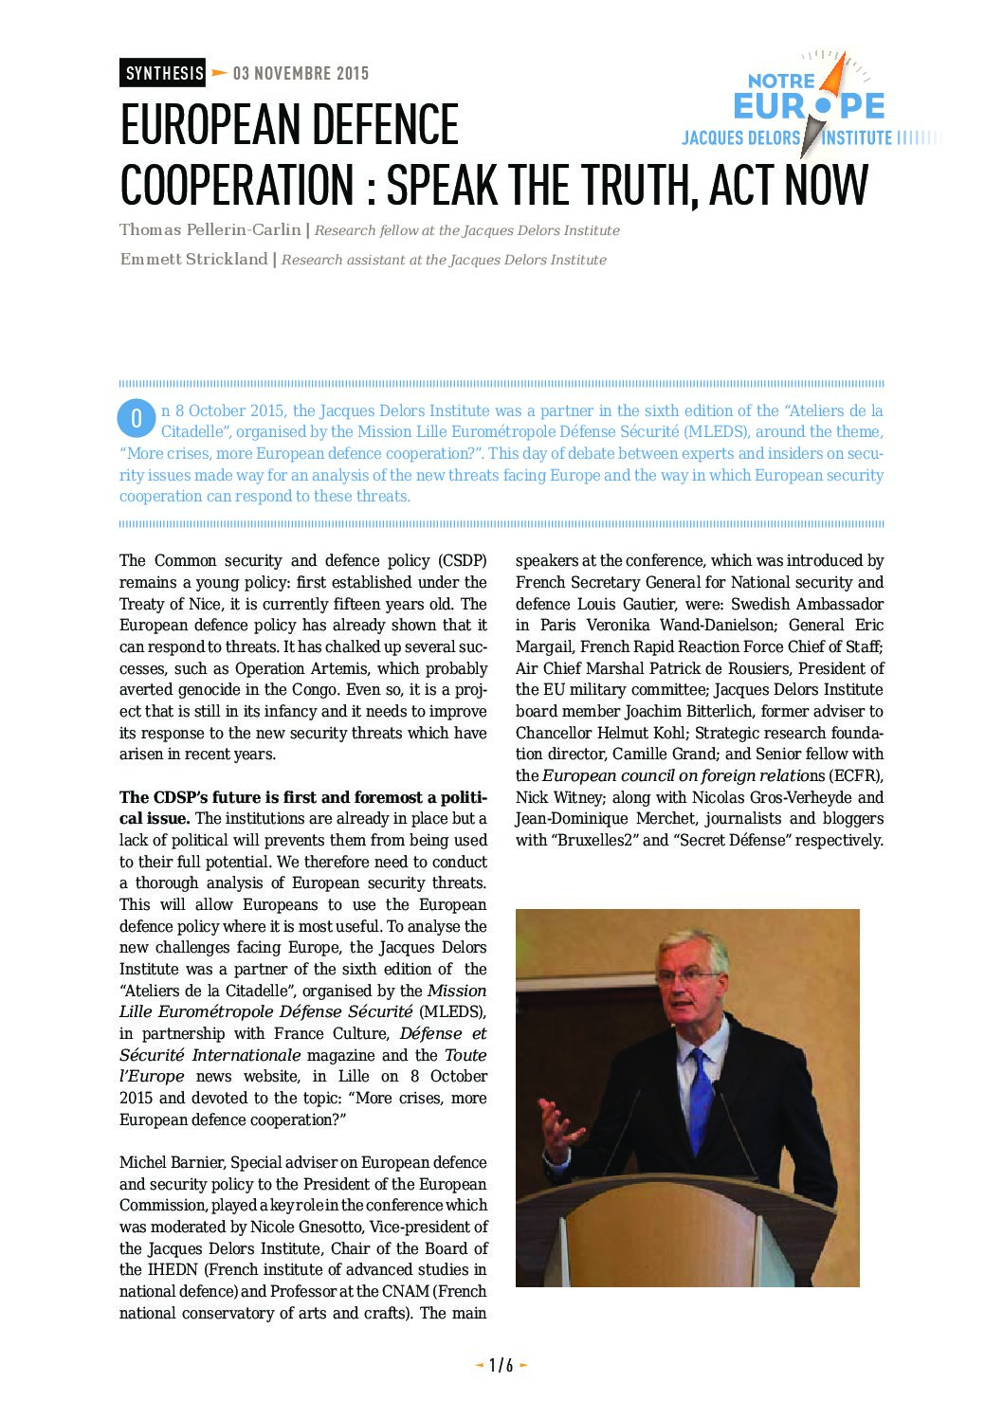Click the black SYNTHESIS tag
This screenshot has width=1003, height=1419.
[163, 73]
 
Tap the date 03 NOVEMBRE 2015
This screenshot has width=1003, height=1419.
[301, 73]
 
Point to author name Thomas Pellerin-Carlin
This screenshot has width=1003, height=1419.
[210, 229]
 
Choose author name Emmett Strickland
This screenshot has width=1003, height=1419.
[193, 259]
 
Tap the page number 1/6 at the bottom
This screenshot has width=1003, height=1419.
[501, 1365]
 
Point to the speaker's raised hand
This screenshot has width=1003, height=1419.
[561, 1128]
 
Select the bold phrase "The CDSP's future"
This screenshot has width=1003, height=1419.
[186, 797]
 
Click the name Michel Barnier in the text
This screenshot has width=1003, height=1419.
[171, 1162]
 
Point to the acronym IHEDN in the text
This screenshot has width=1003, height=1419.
[172, 1269]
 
